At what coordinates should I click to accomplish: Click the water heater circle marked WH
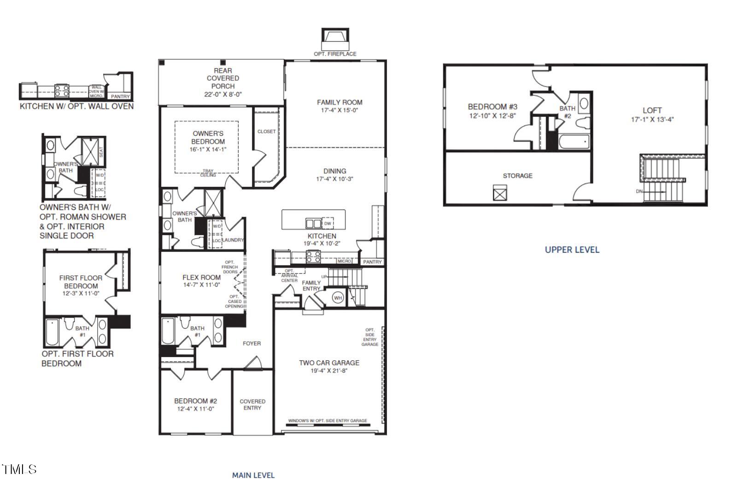click(x=338, y=298)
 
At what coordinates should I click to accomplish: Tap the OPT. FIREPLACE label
click(x=335, y=54)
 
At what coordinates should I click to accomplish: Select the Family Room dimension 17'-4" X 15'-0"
click(x=339, y=110)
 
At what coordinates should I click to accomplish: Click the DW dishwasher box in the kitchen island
click(x=328, y=224)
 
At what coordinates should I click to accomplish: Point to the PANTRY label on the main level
click(x=372, y=262)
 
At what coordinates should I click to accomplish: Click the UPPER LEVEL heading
click(x=572, y=249)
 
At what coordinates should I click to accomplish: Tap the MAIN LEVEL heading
click(x=253, y=475)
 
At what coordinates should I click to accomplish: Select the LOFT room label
click(x=652, y=110)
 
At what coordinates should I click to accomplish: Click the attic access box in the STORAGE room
click(x=500, y=193)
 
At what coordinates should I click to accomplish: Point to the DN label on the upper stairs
click(x=639, y=191)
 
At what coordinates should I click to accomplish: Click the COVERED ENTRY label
click(x=252, y=404)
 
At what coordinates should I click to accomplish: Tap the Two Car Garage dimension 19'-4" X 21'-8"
click(x=329, y=370)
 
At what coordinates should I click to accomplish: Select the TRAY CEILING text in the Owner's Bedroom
click(x=208, y=173)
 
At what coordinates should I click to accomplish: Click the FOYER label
click(x=252, y=343)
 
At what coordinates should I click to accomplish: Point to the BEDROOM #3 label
click(x=492, y=107)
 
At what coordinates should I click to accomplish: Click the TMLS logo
click(x=19, y=469)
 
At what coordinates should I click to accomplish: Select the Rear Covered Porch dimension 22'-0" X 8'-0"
click(x=223, y=94)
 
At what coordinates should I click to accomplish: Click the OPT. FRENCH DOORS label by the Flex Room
click(x=229, y=267)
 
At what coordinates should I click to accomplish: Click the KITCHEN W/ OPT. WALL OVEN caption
click(x=76, y=106)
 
